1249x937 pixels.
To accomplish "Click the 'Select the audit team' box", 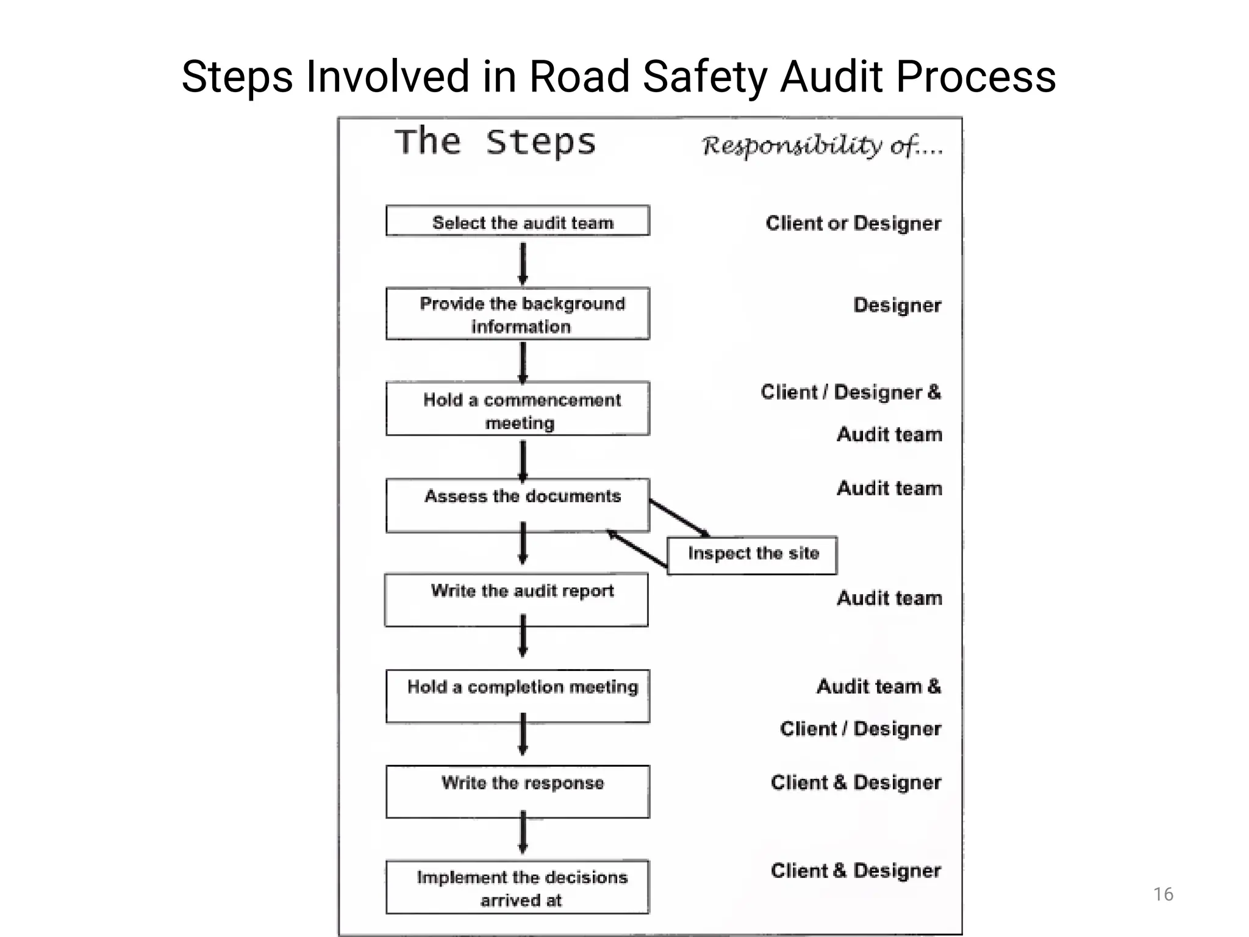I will [x=518, y=221].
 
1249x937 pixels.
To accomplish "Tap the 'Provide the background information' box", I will [x=518, y=314].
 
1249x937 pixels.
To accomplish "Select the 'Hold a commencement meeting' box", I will [x=518, y=409].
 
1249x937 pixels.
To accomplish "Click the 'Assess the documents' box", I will [x=518, y=505].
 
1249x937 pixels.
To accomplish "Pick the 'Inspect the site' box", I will [x=752, y=555].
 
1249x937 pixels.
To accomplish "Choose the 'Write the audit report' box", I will [x=517, y=600].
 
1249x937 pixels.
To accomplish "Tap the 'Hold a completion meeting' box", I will [x=518, y=696].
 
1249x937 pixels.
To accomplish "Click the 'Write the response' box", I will [x=518, y=791].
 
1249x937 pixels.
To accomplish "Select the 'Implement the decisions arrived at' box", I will [x=518, y=887].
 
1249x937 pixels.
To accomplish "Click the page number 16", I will [x=1163, y=894].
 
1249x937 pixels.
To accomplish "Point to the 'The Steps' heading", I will [x=495, y=142].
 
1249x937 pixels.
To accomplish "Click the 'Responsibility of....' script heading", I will [x=821, y=146].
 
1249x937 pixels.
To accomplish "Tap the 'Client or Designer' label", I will [x=853, y=223].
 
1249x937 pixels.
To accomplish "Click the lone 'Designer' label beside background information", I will [x=896, y=305].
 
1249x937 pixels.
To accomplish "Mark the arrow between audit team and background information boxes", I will [x=523, y=263].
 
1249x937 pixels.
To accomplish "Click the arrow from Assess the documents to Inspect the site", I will [x=679, y=517].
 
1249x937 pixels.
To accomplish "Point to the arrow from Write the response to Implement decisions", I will [x=523, y=831].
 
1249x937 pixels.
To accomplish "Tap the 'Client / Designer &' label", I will [x=850, y=392].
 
